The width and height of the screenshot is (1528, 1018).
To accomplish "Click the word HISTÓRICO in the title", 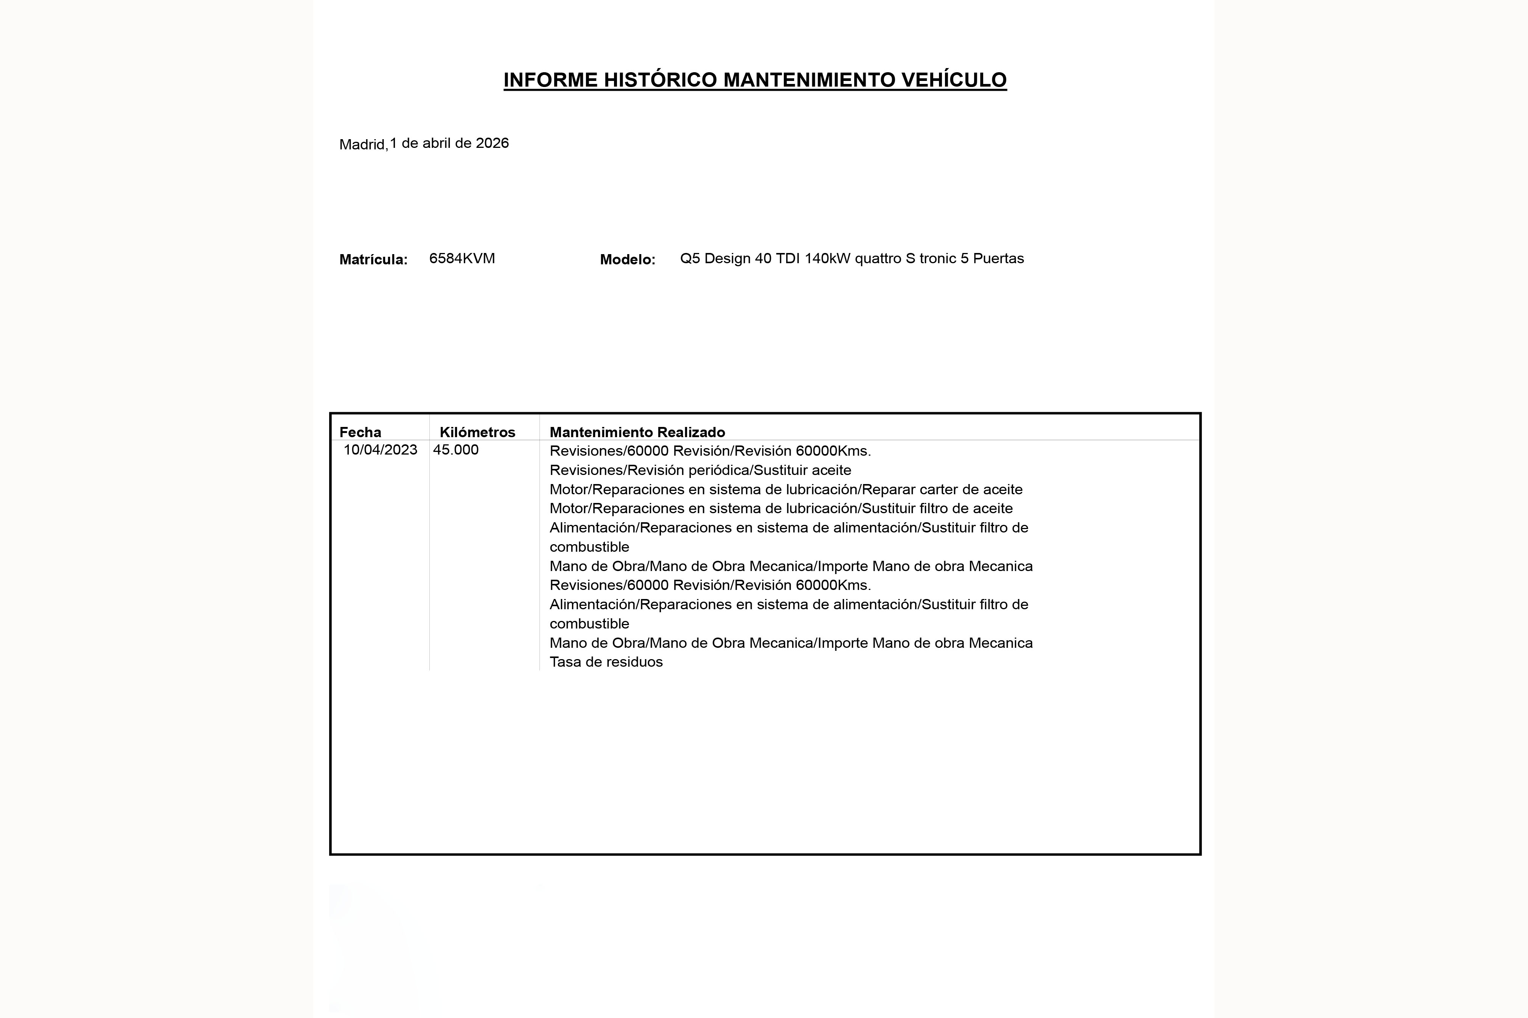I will [x=660, y=80].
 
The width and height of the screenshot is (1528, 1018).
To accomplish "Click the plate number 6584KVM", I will [x=462, y=258].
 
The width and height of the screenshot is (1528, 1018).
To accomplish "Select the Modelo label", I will [x=627, y=260].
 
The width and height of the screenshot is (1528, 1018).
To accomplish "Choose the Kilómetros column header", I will [x=477, y=432].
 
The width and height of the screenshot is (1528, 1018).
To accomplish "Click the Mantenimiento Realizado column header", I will [x=637, y=432].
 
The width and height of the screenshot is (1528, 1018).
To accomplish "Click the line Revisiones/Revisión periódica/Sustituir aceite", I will [x=700, y=470].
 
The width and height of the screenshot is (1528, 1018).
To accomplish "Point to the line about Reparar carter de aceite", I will [x=786, y=489].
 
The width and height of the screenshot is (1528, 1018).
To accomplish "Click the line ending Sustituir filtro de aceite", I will [x=780, y=508].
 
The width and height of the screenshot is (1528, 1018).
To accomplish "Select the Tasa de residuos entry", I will [x=606, y=662].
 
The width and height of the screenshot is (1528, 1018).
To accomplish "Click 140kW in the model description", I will [x=827, y=258].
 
